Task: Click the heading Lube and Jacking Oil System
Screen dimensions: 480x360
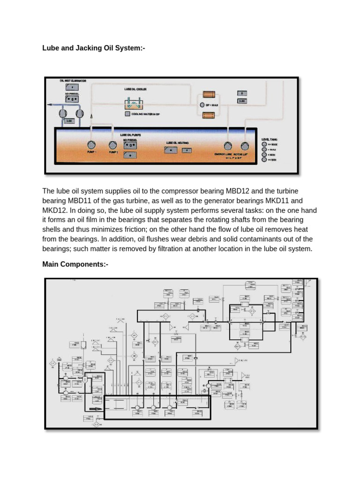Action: click(90, 47)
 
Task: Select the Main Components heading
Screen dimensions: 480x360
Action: click(75, 264)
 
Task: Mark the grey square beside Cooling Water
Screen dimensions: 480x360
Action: click(127, 113)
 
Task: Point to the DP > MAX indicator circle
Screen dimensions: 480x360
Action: click(202, 105)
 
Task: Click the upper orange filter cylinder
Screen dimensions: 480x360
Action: click(208, 94)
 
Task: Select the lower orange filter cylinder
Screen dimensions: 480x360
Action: click(208, 115)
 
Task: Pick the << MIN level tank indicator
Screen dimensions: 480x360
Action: click(265, 160)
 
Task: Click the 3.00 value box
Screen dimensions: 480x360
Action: click(69, 121)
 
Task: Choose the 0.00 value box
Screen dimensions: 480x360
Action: click(242, 101)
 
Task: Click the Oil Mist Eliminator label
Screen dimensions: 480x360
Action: click(73, 81)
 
